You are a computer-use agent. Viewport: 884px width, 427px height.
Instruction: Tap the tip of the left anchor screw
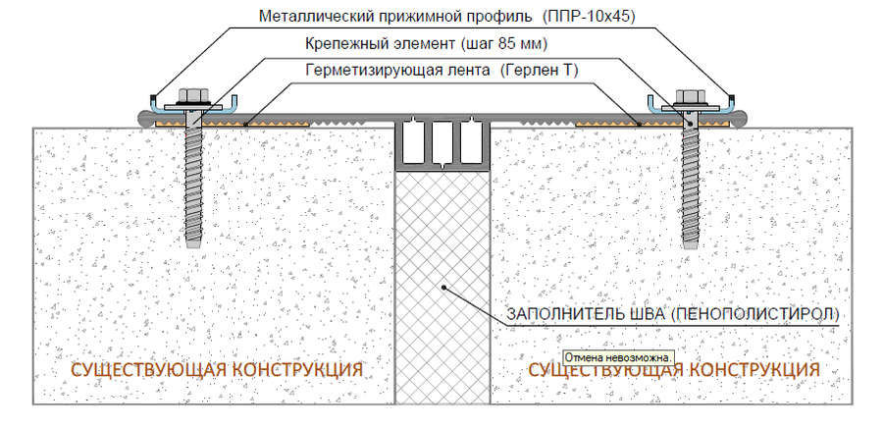click(193, 246)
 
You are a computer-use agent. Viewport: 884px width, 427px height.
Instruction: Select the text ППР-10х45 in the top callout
click(589, 17)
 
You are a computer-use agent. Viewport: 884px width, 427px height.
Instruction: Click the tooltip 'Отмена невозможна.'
click(618, 357)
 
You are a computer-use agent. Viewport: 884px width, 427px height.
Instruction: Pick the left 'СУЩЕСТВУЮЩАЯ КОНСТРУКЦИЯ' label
click(217, 370)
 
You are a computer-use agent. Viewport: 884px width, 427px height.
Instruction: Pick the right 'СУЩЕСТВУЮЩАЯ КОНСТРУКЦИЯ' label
click(674, 370)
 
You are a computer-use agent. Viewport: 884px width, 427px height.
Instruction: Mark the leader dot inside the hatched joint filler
click(444, 287)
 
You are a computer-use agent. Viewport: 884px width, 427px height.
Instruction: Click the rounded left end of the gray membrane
click(144, 119)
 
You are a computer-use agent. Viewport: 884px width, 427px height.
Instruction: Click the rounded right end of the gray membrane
click(740, 119)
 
